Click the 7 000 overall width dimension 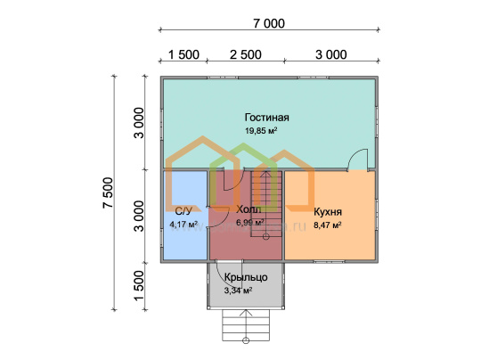[x=269, y=23]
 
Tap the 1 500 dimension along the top [x=183, y=54]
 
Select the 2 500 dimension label [x=246, y=54]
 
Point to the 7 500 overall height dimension [x=109, y=192]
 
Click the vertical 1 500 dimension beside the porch [x=139, y=285]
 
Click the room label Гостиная [x=267, y=118]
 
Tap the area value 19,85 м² [x=261, y=131]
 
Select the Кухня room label [x=328, y=212]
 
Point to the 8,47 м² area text [x=328, y=225]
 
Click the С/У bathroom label [x=183, y=211]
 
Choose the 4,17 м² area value [x=183, y=225]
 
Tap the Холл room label [x=249, y=209]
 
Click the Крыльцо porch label [x=246, y=277]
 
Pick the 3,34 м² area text [x=239, y=290]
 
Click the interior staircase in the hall [x=266, y=204]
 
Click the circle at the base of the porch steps [x=246, y=340]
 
